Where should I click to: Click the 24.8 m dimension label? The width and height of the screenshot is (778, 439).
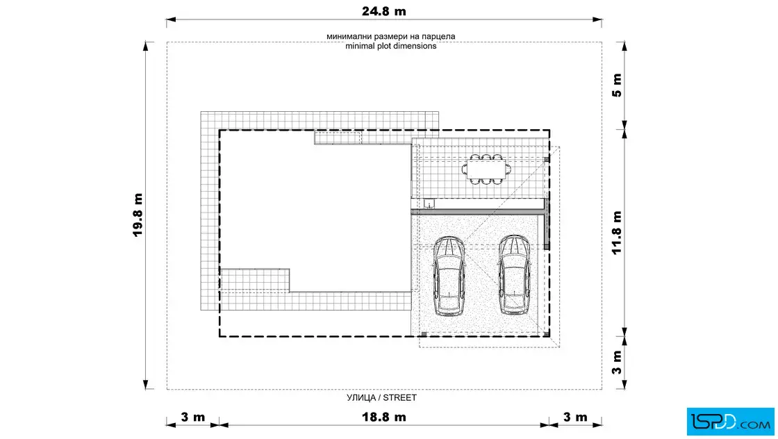tap(383, 11)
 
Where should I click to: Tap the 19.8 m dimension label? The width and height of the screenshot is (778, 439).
tap(138, 215)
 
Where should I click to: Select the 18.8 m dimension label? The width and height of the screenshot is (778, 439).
tap(383, 417)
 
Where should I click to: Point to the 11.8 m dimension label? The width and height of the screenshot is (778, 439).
tap(617, 233)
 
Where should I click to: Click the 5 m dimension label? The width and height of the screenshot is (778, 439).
tap(617, 85)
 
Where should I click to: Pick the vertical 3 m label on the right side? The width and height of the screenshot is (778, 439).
tap(617, 363)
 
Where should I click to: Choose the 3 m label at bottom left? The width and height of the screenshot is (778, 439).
tap(193, 417)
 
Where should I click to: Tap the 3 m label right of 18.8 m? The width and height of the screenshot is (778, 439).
tap(576, 417)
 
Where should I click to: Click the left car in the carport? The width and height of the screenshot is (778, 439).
tap(449, 276)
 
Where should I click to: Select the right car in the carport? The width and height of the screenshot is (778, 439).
tap(514, 275)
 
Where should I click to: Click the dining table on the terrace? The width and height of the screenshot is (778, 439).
tap(486, 169)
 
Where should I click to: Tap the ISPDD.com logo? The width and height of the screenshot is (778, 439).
tap(730, 422)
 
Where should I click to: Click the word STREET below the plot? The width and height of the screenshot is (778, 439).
tap(400, 397)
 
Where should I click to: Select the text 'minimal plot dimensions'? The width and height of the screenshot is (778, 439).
tap(391, 46)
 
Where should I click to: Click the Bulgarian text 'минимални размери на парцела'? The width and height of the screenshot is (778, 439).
tap(391, 36)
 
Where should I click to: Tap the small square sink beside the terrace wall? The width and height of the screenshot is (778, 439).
tap(429, 204)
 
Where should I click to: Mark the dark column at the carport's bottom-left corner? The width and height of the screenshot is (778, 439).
tap(424, 334)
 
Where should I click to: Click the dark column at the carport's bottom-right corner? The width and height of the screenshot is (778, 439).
tap(546, 334)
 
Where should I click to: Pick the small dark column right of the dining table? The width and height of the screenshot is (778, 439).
tap(546, 160)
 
